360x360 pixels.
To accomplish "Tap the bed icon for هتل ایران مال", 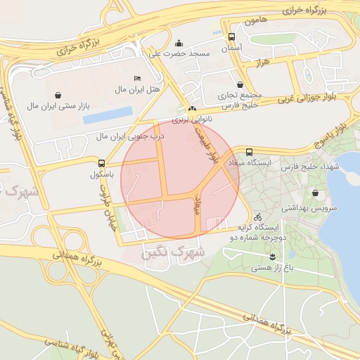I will click(137, 78).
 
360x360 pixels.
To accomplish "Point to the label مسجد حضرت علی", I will click(176, 53).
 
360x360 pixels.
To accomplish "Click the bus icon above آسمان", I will click(231, 37).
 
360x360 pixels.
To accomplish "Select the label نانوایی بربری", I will click(192, 120).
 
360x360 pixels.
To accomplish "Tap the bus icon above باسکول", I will click(102, 163).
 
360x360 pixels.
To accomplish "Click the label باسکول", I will click(102, 174).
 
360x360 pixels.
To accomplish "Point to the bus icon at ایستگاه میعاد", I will click(249, 152).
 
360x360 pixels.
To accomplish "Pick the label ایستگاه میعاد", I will click(259, 163).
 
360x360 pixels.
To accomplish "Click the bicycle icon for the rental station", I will click(257, 217).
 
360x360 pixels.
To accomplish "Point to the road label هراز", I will click(264, 63).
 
